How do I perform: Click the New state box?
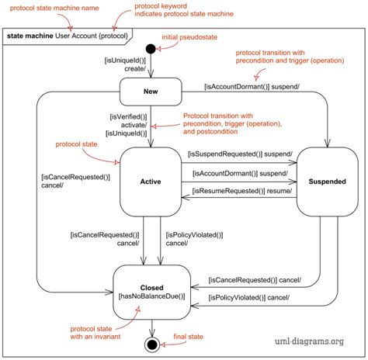point(151,92)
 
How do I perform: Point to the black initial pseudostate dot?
point(151,47)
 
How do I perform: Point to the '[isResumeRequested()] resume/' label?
point(242,191)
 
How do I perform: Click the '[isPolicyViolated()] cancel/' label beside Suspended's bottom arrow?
point(248,298)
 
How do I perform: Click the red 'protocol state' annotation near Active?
point(76,144)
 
